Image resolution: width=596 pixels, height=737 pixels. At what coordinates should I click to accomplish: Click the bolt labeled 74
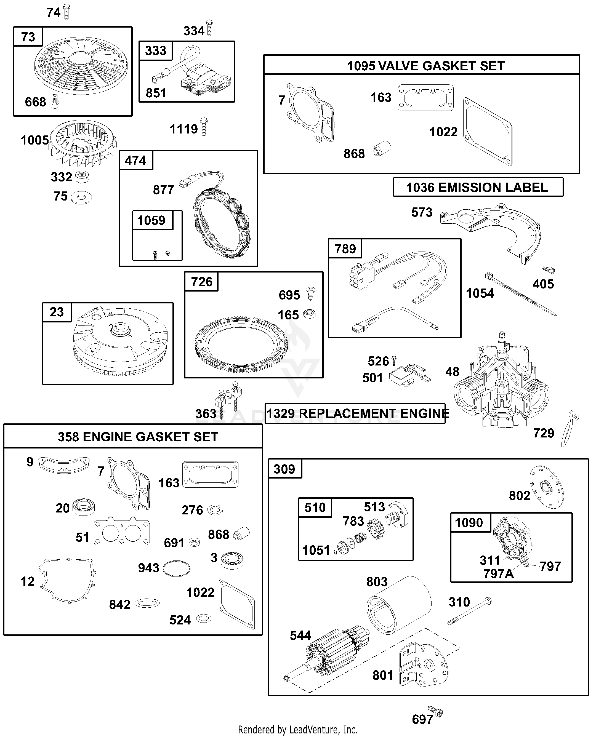pyautogui.click(x=66, y=12)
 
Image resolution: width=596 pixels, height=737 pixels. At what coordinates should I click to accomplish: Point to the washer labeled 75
pyautogui.click(x=81, y=198)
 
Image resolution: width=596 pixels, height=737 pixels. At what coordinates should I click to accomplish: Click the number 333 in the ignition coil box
pyautogui.click(x=156, y=51)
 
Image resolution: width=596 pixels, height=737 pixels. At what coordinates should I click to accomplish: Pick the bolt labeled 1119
pyautogui.click(x=204, y=127)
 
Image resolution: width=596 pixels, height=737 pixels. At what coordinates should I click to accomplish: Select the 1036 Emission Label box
pyautogui.click(x=478, y=187)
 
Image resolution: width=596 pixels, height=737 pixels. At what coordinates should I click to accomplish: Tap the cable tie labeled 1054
pyautogui.click(x=520, y=294)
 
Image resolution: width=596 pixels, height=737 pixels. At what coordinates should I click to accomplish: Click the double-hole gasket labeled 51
pyautogui.click(x=122, y=533)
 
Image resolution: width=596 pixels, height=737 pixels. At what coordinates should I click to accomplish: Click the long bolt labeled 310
pyautogui.click(x=469, y=611)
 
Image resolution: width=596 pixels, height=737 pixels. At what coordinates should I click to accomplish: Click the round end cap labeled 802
pyautogui.click(x=547, y=487)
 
